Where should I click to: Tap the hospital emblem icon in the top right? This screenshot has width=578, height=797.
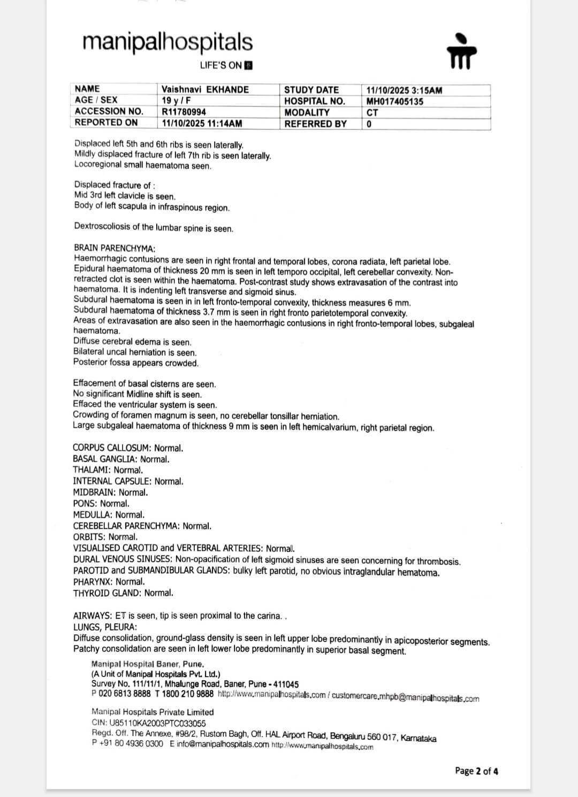(461, 52)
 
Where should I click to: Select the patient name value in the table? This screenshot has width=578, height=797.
(205, 89)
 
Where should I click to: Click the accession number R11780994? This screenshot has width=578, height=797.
(184, 112)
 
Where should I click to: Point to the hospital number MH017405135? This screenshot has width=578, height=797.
(395, 101)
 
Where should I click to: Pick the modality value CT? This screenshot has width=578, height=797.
(372, 113)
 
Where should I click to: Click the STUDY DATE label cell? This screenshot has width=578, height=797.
(311, 90)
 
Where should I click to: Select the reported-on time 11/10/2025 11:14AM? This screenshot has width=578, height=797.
(202, 123)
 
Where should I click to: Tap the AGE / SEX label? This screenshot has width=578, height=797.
(96, 100)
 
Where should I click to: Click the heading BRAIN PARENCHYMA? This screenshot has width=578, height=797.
(115, 249)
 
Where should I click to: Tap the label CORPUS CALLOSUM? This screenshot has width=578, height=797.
(112, 448)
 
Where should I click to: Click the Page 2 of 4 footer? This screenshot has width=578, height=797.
(476, 771)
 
